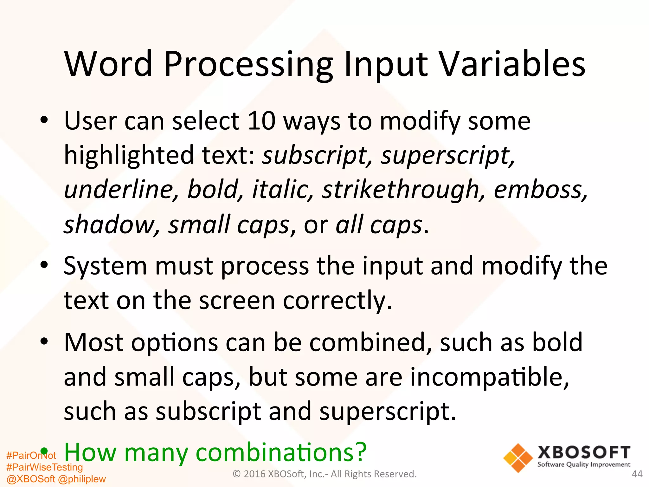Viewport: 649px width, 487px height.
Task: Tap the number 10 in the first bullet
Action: point(261,121)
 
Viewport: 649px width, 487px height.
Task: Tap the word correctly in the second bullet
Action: point(337,301)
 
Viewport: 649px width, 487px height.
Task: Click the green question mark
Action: point(361,452)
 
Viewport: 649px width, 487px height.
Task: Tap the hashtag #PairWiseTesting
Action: point(44,467)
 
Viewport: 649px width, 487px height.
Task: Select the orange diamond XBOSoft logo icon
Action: point(518,458)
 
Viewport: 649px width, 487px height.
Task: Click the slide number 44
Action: point(637,474)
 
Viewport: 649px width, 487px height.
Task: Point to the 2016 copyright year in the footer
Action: point(255,474)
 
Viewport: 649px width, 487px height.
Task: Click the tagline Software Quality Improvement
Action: point(584,465)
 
